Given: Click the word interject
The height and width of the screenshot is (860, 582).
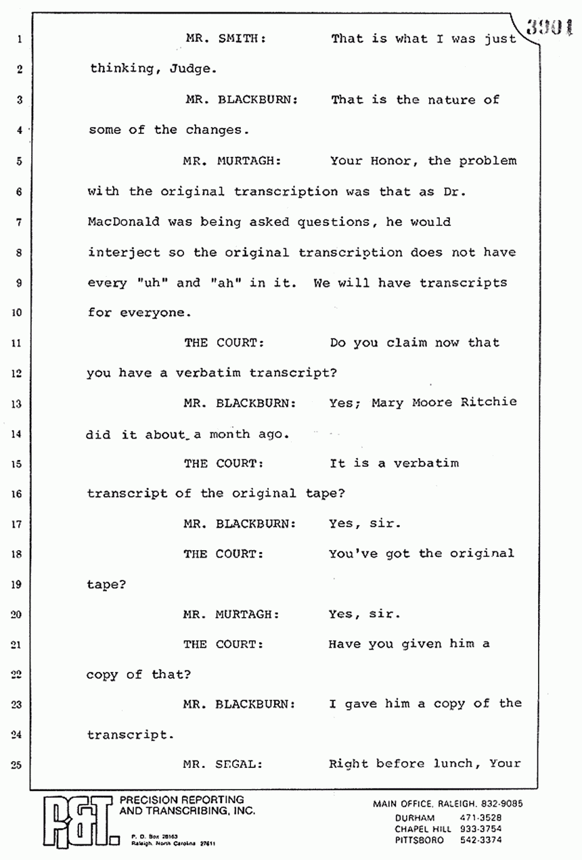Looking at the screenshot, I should coord(124,253).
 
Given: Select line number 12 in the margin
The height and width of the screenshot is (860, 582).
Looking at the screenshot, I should coord(19,374).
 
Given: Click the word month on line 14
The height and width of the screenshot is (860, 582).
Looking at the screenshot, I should coord(229,434).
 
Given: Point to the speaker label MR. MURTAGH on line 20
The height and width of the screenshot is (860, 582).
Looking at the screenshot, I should coord(231,614).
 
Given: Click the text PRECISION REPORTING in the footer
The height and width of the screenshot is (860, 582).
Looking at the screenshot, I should coord(181,800).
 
